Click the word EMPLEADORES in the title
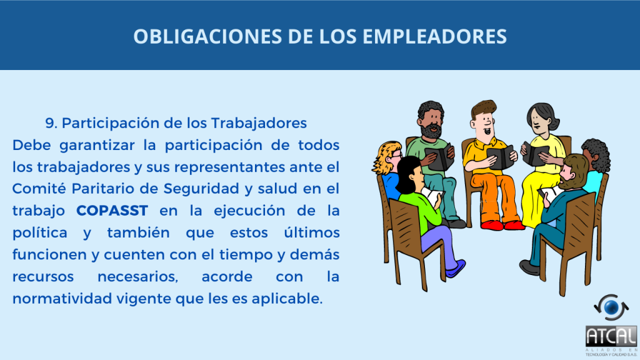click(435, 36)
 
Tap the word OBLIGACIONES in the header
click(207, 36)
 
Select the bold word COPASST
click(112, 211)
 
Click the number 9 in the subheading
click(51, 123)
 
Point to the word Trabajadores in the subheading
click(259, 123)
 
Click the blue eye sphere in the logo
click(611, 307)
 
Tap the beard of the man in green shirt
click(431, 131)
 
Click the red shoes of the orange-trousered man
click(502, 225)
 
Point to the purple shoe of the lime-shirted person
click(456, 269)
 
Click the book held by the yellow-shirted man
click(500, 157)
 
